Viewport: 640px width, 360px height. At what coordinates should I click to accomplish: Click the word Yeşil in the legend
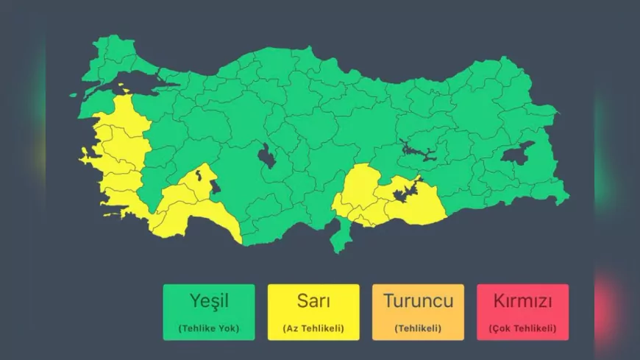(x=209, y=301)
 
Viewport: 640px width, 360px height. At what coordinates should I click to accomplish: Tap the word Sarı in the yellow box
(x=313, y=301)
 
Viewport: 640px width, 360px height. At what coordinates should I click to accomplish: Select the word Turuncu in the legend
(x=418, y=301)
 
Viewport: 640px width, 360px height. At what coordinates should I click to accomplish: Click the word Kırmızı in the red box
(x=522, y=301)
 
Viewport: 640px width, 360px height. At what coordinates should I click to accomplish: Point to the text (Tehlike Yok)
(x=209, y=328)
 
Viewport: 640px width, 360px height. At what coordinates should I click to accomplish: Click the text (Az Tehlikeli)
(x=313, y=328)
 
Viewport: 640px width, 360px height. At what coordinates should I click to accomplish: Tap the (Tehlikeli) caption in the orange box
(x=418, y=328)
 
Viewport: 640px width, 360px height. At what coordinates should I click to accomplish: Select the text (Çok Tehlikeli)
(x=522, y=328)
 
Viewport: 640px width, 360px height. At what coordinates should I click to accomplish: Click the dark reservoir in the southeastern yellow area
(x=403, y=193)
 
